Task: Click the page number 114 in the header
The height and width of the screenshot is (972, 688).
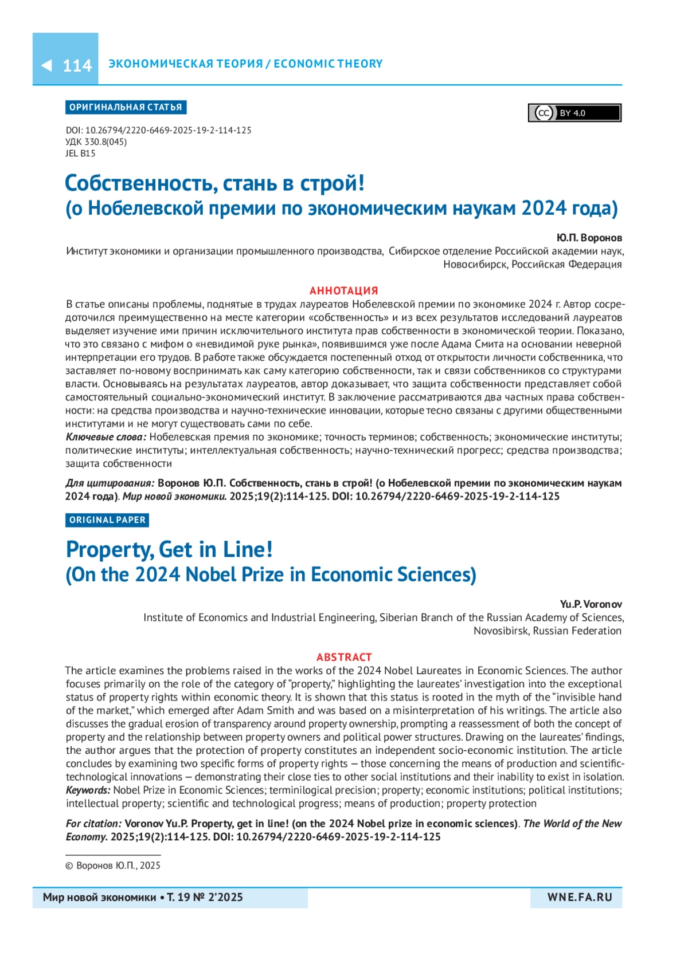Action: point(77,66)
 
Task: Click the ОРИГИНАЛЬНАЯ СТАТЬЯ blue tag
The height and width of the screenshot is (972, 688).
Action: point(126,108)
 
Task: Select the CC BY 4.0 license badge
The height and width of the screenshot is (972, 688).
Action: point(574,113)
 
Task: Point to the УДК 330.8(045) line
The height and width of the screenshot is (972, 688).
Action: point(96,142)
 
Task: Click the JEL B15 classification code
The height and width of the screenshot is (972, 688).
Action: point(81,154)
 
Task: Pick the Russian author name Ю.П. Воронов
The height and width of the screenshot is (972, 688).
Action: point(589,238)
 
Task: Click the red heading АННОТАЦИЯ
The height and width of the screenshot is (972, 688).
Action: point(344,290)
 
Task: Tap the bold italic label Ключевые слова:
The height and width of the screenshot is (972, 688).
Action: point(106,437)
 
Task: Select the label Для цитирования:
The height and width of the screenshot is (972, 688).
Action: point(110,483)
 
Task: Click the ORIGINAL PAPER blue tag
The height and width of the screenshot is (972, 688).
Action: point(107,520)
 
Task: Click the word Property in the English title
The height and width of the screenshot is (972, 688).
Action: point(109,550)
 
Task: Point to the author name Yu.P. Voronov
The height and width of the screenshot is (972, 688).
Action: point(591,604)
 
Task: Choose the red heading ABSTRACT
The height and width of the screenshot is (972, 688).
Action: point(344,657)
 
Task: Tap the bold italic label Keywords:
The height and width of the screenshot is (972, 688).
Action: point(88,790)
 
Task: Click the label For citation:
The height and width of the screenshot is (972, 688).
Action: point(94,824)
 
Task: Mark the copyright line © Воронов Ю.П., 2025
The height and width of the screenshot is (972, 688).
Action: point(113,865)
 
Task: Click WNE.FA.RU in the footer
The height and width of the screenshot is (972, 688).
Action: point(580,898)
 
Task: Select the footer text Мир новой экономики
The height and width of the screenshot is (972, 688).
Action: point(99,898)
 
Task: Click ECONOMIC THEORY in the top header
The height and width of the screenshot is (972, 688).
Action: point(328,64)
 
